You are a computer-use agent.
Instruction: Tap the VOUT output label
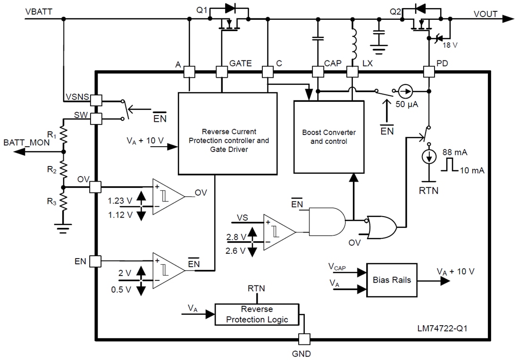tap(486, 14)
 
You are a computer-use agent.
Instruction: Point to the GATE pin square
tap(221, 72)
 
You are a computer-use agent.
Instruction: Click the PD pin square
tap(428, 72)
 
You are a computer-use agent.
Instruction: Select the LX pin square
tap(352, 72)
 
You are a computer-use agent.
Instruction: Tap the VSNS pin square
tap(96, 100)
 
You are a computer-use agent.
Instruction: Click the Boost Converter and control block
tap(329, 137)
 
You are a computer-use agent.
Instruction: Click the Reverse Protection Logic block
tap(257, 314)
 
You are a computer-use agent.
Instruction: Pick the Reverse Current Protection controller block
tap(227, 134)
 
